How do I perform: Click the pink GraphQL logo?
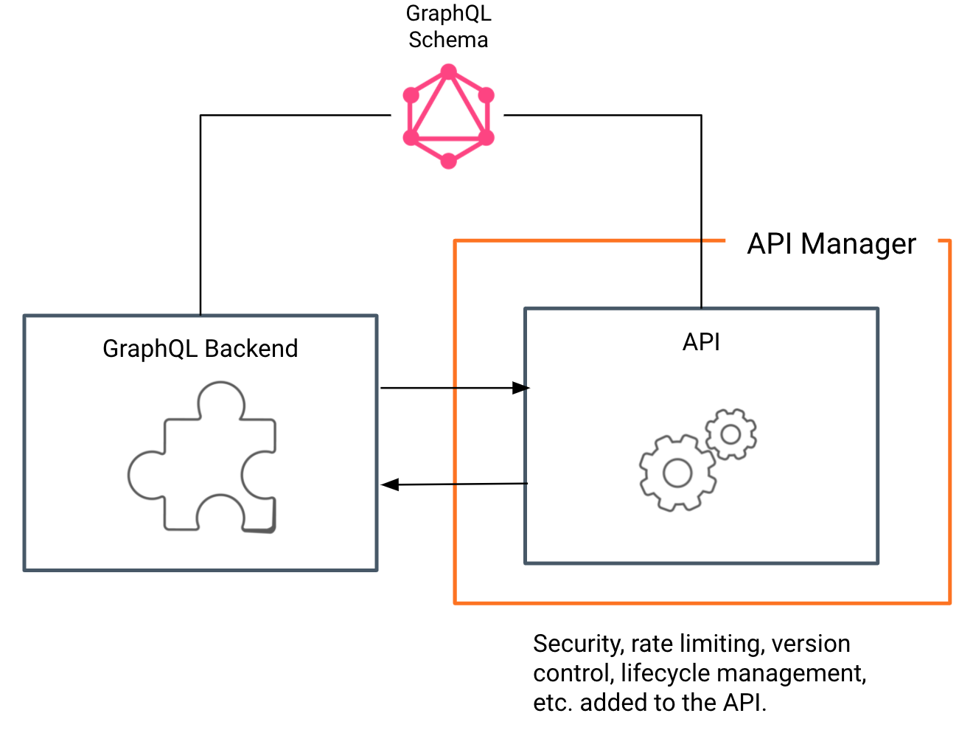tap(448, 117)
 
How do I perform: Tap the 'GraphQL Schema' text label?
tap(448, 27)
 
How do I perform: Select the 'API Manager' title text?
tap(831, 243)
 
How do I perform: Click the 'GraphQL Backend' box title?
tap(200, 348)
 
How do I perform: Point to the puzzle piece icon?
tap(203, 457)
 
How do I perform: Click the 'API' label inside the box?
tap(701, 342)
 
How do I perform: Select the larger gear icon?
tap(677, 473)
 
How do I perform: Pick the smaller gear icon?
tap(730, 434)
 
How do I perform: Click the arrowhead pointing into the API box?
tap(521, 388)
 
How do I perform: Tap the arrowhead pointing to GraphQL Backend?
tap(390, 484)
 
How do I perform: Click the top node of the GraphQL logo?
tap(448, 72)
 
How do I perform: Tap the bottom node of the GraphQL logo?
tap(448, 161)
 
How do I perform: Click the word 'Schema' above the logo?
tap(448, 40)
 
